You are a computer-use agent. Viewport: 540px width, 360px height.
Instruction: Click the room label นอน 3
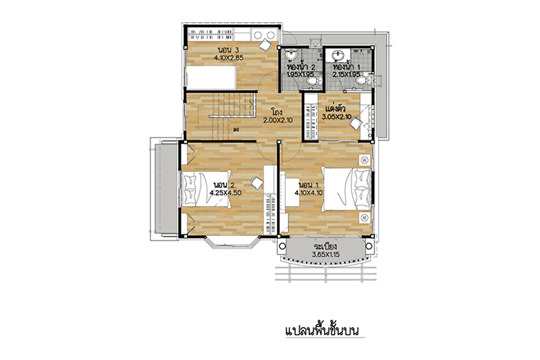229,50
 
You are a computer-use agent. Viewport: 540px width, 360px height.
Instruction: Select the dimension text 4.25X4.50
225,193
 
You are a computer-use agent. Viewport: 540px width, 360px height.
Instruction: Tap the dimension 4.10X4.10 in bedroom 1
309,193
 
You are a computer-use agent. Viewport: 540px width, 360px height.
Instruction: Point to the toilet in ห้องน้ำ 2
313,81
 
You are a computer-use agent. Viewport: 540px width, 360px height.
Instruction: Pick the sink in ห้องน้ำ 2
292,55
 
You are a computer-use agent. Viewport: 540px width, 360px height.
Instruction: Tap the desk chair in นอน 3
265,45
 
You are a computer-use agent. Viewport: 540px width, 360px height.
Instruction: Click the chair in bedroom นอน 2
256,182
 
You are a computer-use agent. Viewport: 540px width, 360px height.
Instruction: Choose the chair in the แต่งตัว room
356,123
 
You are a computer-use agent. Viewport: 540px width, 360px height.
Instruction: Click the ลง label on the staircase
236,130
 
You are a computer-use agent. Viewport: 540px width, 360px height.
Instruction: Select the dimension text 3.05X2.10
336,117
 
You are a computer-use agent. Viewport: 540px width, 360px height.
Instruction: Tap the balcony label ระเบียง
325,247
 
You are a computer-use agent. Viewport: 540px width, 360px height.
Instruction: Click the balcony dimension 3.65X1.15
325,255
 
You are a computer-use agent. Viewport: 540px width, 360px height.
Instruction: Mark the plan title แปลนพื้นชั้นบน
323,330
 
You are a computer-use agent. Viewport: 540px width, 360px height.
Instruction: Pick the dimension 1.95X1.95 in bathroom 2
301,74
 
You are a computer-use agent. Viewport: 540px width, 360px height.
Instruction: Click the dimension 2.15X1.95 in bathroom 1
346,74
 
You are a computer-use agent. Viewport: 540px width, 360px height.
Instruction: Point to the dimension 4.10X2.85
229,58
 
